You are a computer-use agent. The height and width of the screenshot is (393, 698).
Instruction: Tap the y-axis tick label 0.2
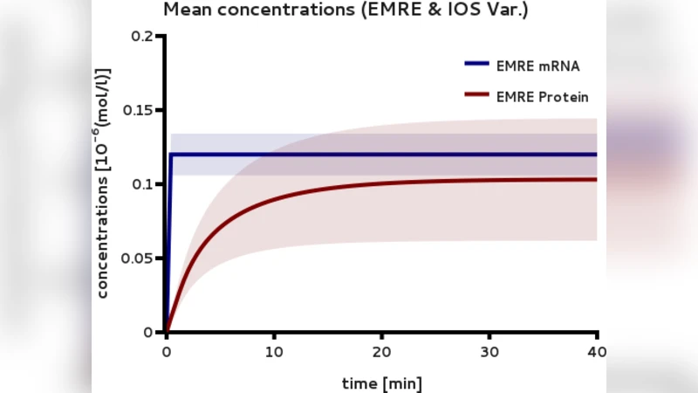coord(142,36)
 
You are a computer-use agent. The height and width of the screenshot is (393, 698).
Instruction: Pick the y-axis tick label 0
coord(148,332)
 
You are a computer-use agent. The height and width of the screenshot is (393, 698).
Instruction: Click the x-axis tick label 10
coord(274,353)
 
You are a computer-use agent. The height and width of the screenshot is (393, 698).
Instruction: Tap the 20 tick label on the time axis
coord(381,353)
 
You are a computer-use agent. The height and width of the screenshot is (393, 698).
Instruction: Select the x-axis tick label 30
coord(489,353)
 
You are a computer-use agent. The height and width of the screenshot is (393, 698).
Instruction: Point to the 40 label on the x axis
coord(597,353)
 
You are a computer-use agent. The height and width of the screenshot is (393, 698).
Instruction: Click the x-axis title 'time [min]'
coord(381,383)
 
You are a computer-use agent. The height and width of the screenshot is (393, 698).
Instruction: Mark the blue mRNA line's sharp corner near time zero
coord(171,155)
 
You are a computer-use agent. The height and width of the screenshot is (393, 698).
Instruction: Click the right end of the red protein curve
coord(596,180)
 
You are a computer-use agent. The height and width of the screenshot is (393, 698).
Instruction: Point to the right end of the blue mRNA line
coord(596,155)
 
